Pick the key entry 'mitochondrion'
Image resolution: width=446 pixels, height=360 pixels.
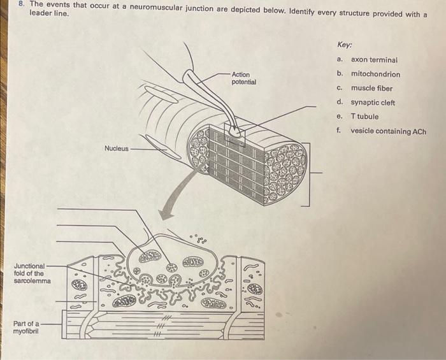(x=375, y=74)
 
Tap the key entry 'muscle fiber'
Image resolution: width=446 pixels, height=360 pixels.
(x=371, y=89)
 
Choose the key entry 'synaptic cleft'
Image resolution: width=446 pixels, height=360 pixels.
(x=373, y=103)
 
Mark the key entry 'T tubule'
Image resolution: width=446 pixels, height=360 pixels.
(x=364, y=117)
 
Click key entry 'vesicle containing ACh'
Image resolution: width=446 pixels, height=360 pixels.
(x=388, y=132)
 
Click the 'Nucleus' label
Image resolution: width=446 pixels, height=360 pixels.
(x=117, y=148)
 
